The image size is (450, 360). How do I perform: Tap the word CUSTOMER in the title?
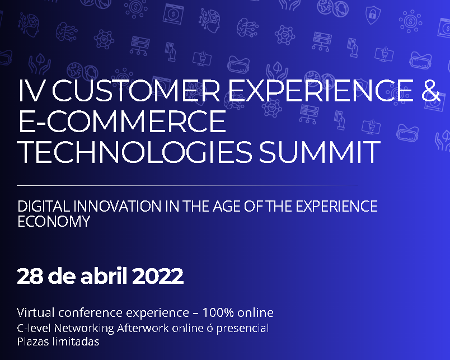click(x=136, y=90)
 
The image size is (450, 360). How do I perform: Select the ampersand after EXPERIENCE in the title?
click(x=430, y=90)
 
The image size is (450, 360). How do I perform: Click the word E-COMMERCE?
click(x=122, y=121)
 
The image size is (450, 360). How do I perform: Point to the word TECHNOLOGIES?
click(x=135, y=152)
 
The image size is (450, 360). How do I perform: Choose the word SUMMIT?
click(x=320, y=152)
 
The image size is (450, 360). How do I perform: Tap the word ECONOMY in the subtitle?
click(x=54, y=221)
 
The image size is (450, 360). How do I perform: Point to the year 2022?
click(x=158, y=276)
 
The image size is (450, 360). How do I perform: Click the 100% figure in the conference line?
click(x=218, y=312)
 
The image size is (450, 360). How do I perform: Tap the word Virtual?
click(x=36, y=312)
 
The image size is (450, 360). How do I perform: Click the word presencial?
click(x=242, y=328)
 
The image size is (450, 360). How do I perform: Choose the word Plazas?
click(x=32, y=342)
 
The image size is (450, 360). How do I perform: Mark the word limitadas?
click(x=75, y=342)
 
